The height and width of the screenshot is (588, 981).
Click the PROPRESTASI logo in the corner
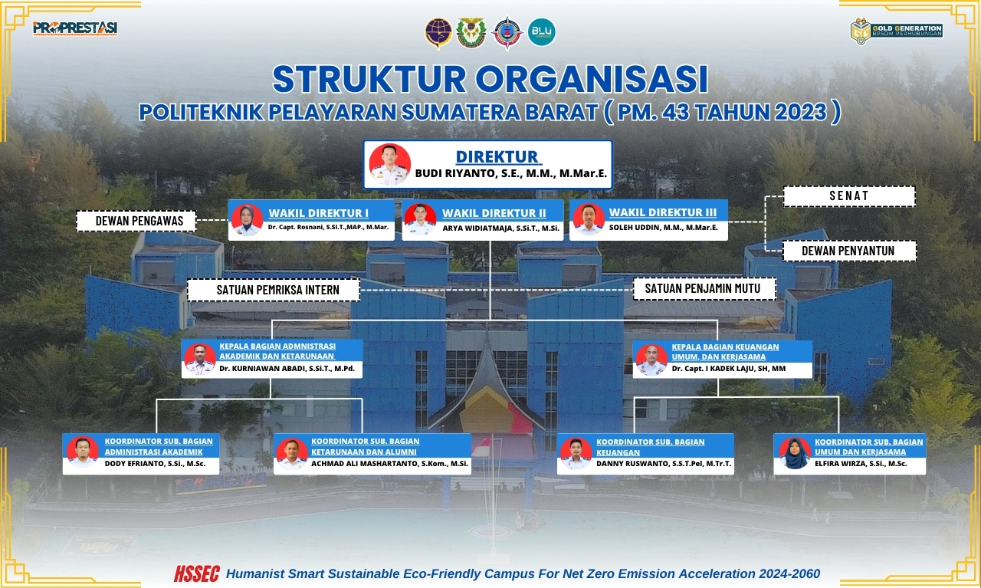[x=75, y=28]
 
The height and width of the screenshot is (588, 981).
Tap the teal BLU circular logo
[x=541, y=32]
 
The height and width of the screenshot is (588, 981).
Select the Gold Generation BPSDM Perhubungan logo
[x=897, y=31]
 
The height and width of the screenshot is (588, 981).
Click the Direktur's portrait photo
[x=389, y=164]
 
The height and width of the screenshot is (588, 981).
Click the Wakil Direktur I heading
[x=318, y=213]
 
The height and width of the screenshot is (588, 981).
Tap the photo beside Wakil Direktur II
[x=420, y=219]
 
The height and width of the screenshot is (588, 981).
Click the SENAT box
[x=848, y=195]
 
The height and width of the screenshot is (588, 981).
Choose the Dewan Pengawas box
[x=136, y=221]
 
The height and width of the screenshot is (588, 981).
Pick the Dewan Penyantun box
[x=848, y=251]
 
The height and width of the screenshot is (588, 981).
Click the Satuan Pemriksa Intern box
[x=274, y=290]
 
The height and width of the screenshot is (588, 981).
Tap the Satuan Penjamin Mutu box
[x=704, y=289]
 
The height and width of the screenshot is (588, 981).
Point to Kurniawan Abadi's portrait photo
[x=200, y=359]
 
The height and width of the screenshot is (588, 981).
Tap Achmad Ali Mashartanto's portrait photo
[x=292, y=454]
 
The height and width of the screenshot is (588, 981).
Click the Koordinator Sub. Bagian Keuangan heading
[x=651, y=447]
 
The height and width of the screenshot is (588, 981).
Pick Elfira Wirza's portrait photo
[x=795, y=454]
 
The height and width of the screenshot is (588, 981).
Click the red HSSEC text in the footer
[x=197, y=574]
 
